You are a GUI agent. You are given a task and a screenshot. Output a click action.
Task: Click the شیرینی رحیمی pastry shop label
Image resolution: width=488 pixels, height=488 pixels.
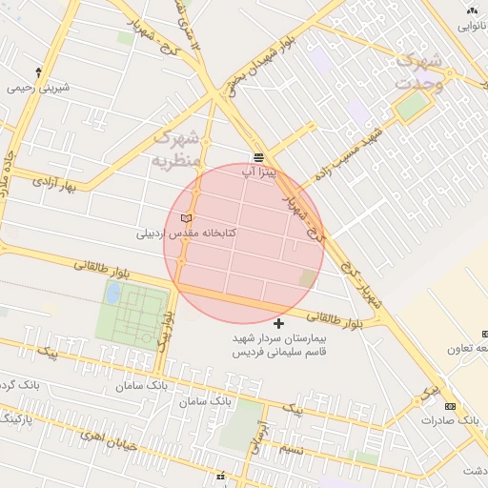[x=38, y=88]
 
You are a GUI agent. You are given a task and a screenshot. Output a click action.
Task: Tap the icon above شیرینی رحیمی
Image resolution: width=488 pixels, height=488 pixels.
[x=38, y=72]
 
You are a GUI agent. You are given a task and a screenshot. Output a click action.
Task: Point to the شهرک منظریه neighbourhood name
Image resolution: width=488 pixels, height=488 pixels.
[x=179, y=149]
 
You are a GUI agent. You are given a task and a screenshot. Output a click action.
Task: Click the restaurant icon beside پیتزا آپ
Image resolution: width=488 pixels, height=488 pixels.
[x=258, y=157]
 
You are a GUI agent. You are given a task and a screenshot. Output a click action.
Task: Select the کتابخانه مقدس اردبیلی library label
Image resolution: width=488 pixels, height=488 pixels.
[x=187, y=233]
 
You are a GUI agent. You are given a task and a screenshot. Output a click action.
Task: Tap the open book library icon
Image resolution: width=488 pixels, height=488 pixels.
[x=186, y=220]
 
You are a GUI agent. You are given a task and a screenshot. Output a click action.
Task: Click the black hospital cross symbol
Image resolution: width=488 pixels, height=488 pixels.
[x=278, y=325]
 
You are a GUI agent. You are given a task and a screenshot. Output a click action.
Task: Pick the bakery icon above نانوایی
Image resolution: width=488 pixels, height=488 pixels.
[x=473, y=10]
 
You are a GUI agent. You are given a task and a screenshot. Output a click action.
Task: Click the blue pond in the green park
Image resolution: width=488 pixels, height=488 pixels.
[x=112, y=293]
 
